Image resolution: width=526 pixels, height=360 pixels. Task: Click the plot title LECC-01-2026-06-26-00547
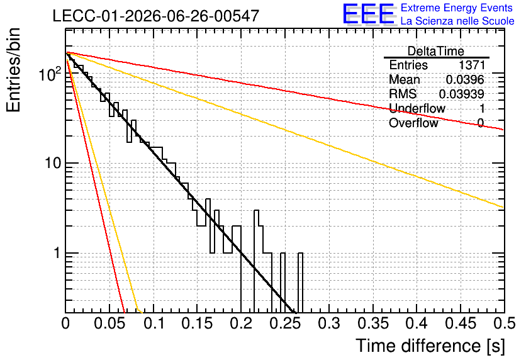[x=156, y=16]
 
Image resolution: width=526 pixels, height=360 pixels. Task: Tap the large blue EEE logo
[x=368, y=14]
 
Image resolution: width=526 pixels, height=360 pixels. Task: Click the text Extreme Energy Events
[x=457, y=8]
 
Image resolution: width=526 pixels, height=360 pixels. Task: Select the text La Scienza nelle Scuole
[x=457, y=21]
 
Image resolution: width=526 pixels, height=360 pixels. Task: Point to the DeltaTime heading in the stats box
[x=436, y=51]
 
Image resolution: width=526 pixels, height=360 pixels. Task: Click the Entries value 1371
[x=472, y=65]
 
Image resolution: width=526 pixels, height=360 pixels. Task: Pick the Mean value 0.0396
[x=465, y=79]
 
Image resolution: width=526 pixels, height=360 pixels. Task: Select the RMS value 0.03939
[x=462, y=94]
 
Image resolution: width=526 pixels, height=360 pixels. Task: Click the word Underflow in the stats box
[x=417, y=108]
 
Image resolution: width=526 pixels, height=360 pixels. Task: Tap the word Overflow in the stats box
[x=413, y=123]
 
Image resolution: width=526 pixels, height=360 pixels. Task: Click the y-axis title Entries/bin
[x=13, y=70]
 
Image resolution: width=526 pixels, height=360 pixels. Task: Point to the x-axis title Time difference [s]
[x=430, y=346]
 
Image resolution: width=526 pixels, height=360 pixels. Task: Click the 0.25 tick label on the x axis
[x=285, y=323]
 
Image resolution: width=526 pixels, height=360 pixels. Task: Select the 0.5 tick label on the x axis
[x=505, y=323]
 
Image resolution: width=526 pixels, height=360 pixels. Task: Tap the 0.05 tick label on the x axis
[x=109, y=323]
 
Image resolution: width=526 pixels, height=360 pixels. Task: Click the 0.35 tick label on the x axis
[x=373, y=323]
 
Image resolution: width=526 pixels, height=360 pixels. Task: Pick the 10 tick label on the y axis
[x=53, y=163]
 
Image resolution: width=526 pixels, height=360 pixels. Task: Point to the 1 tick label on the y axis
[x=57, y=253]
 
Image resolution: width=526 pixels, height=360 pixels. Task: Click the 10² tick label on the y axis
[x=50, y=74]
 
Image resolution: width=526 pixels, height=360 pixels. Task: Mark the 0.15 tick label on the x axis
[x=198, y=323]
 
